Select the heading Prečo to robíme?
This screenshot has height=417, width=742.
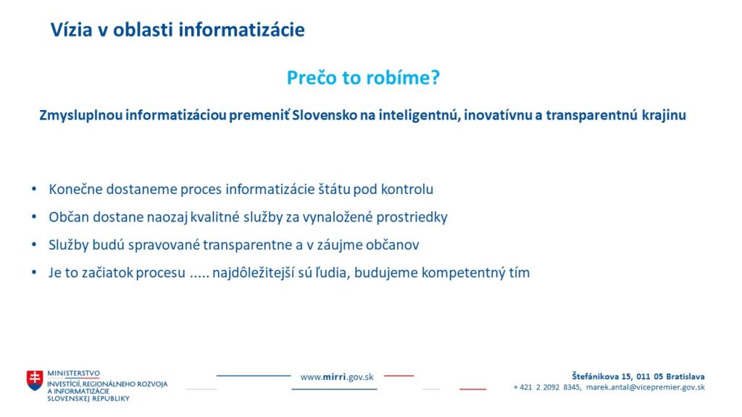[x=364, y=77]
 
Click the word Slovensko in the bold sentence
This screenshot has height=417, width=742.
[x=324, y=115]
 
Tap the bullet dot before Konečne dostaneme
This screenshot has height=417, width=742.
[x=34, y=189]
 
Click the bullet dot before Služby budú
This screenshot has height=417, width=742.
[x=34, y=245]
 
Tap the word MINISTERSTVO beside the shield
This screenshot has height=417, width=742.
[x=73, y=374]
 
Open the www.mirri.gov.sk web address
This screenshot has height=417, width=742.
[x=337, y=376]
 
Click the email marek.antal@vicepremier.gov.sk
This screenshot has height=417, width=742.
[x=645, y=387]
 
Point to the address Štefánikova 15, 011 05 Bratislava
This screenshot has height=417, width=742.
[x=638, y=376]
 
